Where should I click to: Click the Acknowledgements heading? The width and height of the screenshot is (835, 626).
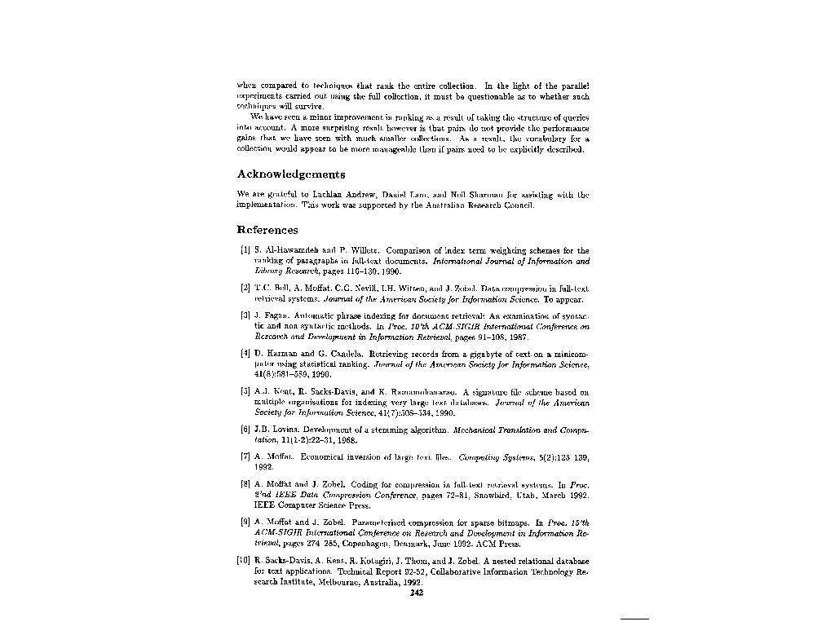point(290,174)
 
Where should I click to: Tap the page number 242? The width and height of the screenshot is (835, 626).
point(417,593)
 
